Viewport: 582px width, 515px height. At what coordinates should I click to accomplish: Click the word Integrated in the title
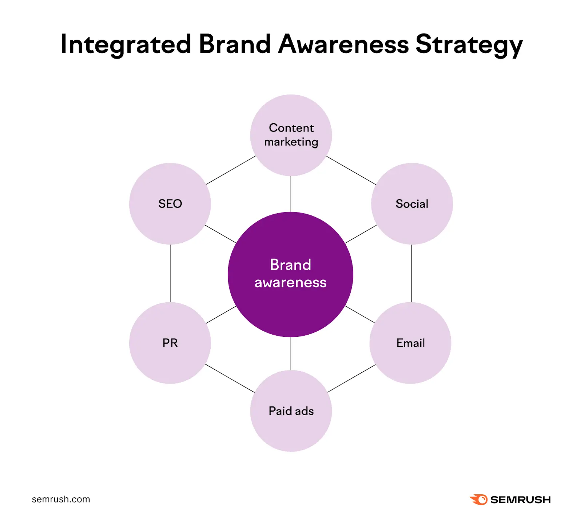click(125, 44)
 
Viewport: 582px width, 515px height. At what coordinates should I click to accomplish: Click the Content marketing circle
click(291, 135)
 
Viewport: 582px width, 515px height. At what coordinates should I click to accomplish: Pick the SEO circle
click(170, 204)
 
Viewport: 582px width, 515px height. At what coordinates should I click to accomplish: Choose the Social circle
click(412, 204)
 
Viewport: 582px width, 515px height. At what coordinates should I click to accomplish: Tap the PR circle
click(170, 343)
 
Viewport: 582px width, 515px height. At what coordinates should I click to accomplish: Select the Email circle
click(410, 343)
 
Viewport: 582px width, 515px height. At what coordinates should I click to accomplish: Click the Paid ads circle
click(291, 411)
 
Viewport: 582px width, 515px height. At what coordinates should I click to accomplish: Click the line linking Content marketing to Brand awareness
click(291, 194)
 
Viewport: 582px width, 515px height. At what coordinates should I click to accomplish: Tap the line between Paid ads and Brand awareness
click(291, 354)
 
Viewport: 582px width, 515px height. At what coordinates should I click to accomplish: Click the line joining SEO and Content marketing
click(231, 170)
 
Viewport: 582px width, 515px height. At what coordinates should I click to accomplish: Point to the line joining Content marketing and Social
click(351, 170)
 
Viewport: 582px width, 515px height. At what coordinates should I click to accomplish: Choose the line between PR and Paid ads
click(230, 378)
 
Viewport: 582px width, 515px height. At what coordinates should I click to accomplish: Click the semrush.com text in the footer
click(61, 499)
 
